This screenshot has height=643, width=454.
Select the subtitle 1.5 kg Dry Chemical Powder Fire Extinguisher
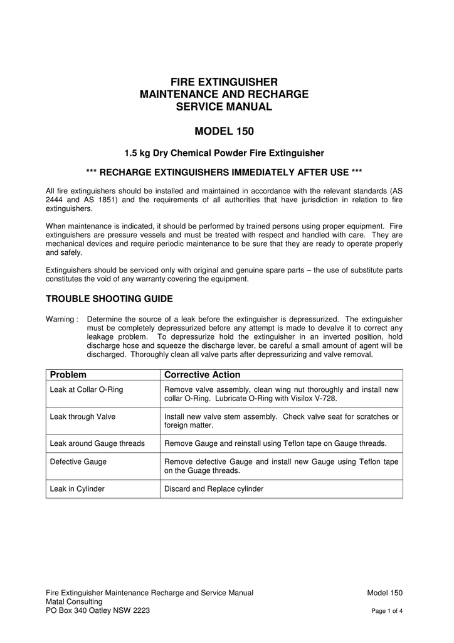tap(224, 153)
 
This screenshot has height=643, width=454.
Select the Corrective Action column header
tap(202, 375)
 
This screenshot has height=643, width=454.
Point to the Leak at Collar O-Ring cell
tap(86, 390)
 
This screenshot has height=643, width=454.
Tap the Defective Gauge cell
tap(78, 462)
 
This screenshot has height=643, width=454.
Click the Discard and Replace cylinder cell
tap(213, 489)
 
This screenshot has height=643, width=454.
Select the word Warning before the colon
tap(60, 319)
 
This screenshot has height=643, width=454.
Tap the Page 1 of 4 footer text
tap(386, 611)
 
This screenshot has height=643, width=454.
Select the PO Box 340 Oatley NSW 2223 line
tap(98, 610)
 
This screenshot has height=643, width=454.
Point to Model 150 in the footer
tap(384, 592)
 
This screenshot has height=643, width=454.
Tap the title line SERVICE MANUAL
tap(224, 107)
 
